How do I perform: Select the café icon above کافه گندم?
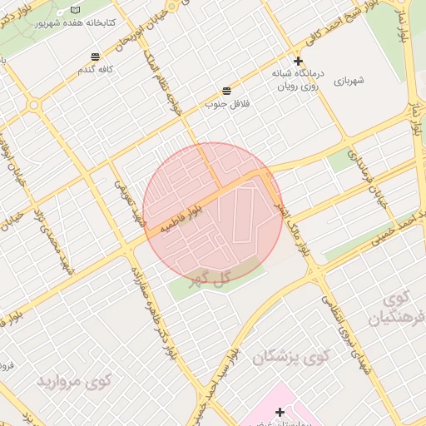tap(97, 57)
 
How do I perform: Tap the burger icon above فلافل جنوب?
tap(226, 91)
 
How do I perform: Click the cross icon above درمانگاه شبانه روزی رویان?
tap(298, 62)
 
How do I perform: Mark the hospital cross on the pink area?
tap(280, 411)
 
